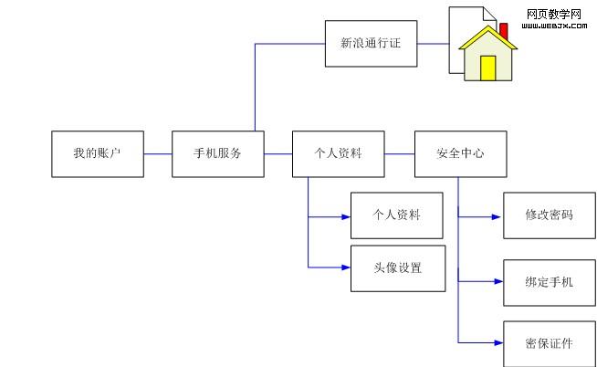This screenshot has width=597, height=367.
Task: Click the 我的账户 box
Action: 97,153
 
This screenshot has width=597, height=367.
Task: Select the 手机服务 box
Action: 217,153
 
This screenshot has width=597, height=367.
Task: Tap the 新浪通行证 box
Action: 371,43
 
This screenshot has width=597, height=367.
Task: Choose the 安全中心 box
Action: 460,153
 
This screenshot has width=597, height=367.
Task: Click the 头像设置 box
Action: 398,267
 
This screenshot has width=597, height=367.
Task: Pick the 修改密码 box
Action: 549,215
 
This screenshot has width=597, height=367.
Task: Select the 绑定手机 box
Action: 549,282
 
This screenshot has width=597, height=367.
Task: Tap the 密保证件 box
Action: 549,343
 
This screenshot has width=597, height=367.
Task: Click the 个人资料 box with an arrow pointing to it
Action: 397,215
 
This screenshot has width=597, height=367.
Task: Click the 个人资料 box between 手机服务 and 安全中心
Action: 338,153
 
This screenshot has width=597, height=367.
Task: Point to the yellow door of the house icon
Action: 488,68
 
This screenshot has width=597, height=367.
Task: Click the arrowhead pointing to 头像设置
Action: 345,267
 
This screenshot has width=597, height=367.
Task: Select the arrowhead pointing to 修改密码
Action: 497,217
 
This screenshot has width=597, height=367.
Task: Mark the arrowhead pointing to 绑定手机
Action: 497,282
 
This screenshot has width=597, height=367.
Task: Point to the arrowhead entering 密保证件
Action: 497,343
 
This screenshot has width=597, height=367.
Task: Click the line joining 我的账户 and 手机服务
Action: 157,153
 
